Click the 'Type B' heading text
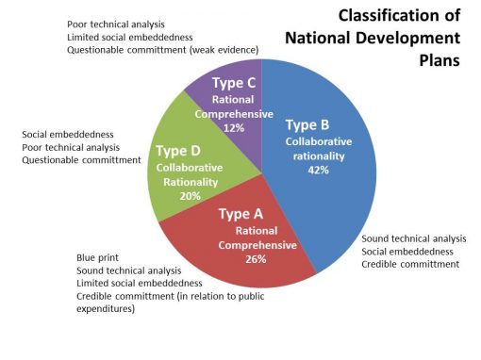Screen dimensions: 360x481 coord(307,125)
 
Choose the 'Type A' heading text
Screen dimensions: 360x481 coord(240,214)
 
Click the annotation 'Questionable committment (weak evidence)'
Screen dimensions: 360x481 coord(158,49)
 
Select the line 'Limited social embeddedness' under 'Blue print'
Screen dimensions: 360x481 coord(139,283)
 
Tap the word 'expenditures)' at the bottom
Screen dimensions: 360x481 coord(107,308)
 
